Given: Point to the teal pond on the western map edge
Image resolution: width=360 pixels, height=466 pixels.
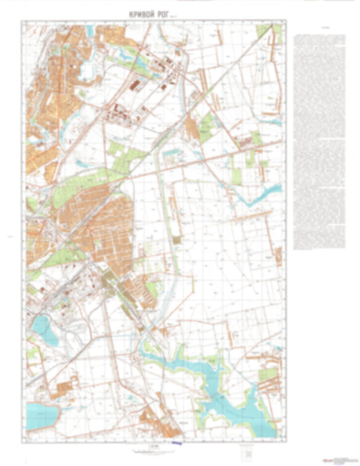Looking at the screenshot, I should pyautogui.click(x=38, y=328).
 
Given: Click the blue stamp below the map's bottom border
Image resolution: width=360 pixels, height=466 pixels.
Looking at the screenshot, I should pyautogui.click(x=177, y=443).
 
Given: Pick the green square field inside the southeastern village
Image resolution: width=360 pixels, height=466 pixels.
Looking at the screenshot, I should pyautogui.click(x=269, y=373).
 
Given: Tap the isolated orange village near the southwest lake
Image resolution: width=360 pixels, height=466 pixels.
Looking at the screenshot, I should pyautogui.click(x=65, y=390).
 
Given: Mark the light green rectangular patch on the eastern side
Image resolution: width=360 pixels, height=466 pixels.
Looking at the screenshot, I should pyautogui.click(x=237, y=175).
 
